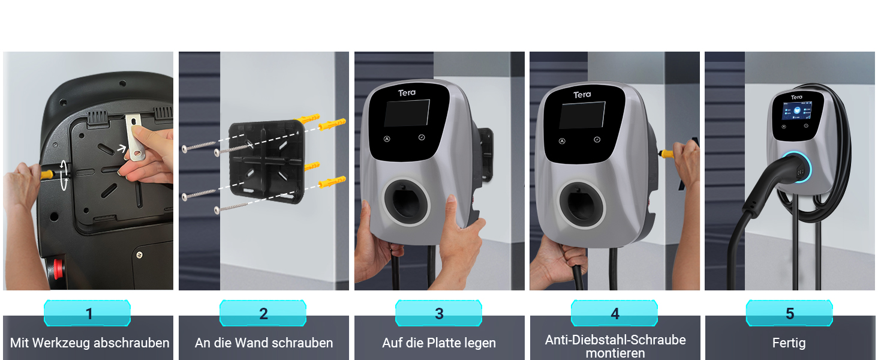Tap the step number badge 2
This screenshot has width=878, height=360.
tap(263, 314)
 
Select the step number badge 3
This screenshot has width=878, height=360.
tap(439, 314)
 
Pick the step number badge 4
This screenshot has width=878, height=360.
tap(615, 314)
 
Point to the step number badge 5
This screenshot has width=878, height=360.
tap(790, 314)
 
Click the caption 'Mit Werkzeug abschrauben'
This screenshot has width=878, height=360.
tap(89, 343)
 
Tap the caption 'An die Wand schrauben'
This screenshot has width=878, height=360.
tap(264, 343)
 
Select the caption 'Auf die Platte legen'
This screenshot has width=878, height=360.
tap(439, 343)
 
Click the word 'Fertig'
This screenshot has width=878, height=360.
tap(789, 343)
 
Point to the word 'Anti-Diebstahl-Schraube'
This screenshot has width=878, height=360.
tap(615, 340)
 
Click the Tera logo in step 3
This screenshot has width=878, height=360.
tap(407, 92)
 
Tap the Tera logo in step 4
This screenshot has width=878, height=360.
tap(582, 95)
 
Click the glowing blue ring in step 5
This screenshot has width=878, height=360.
tap(798, 167)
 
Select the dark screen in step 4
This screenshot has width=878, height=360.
tap(582, 115)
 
